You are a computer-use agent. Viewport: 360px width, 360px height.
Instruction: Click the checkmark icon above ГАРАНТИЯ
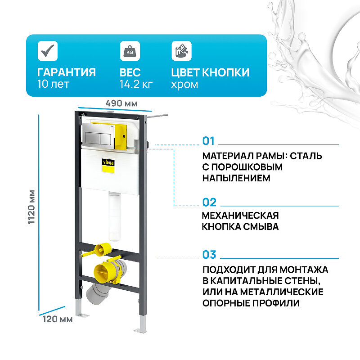coord(46,50)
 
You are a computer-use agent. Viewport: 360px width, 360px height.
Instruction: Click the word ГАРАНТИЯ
coord(66,72)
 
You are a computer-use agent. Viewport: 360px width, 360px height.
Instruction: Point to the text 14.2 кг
coord(136,84)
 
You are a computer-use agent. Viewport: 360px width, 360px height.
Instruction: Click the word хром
coord(184,84)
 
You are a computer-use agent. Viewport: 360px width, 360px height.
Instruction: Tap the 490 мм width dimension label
coord(121,103)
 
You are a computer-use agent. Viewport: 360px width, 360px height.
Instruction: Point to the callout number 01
coord(209,141)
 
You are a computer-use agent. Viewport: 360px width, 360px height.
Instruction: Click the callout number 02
coord(209,202)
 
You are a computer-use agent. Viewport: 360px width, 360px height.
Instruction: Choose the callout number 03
coord(209,255)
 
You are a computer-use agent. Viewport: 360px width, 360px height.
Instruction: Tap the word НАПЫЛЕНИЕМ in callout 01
coord(236,178)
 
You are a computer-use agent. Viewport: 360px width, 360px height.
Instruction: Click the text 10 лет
coord(53,84)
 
